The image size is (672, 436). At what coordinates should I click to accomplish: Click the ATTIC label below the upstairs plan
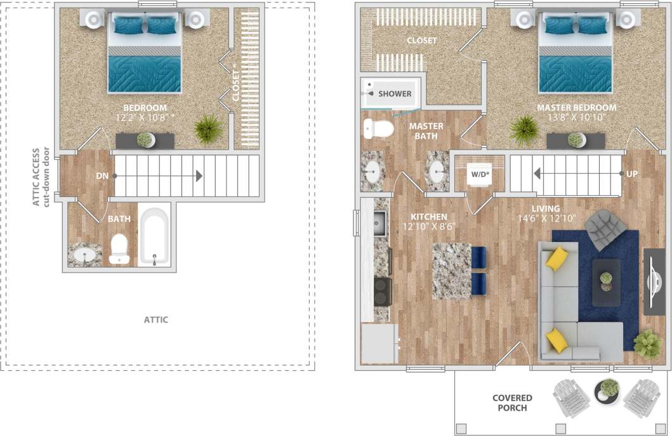click(x=155, y=319)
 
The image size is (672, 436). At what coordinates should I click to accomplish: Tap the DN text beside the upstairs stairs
click(x=102, y=176)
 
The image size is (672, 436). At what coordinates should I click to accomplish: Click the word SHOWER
click(x=395, y=94)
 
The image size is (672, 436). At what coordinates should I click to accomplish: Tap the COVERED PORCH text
click(x=512, y=403)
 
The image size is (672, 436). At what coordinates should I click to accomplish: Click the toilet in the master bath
click(x=377, y=129)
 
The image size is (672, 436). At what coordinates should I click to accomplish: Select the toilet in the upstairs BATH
click(x=119, y=249)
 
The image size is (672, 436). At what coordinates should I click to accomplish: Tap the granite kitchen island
click(x=452, y=270)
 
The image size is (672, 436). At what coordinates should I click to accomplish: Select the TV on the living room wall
click(x=654, y=281)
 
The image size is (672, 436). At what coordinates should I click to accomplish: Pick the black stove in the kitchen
click(x=383, y=291)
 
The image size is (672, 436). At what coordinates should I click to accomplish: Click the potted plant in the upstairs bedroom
click(x=208, y=129)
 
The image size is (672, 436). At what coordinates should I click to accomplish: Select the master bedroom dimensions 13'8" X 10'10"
click(x=576, y=117)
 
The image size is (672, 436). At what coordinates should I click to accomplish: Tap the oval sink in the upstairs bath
click(x=84, y=256)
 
